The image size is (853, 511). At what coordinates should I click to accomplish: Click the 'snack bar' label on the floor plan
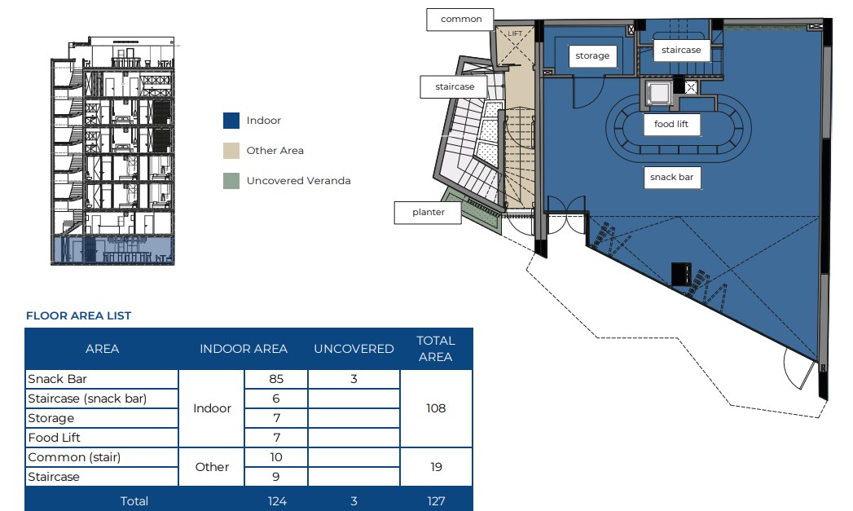pyautogui.click(x=672, y=178)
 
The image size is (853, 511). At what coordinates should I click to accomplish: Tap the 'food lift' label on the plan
pyautogui.click(x=671, y=124)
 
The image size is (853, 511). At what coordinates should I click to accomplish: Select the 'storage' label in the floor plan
pyautogui.click(x=592, y=55)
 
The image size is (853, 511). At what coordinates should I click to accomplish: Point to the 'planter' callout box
pyautogui.click(x=428, y=212)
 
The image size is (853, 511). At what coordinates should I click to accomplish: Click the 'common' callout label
pyautogui.click(x=460, y=19)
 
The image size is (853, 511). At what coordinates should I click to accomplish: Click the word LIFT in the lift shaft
pyautogui.click(x=515, y=33)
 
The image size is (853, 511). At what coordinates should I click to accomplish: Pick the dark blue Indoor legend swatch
pyautogui.click(x=231, y=121)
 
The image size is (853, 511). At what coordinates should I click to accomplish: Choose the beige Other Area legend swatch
pyautogui.click(x=231, y=151)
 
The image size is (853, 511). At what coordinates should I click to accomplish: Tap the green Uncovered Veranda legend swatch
pyautogui.click(x=231, y=181)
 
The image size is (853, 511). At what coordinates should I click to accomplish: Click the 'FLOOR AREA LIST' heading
pyautogui.click(x=79, y=315)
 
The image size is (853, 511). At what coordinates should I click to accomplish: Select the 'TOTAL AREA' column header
pyautogui.click(x=436, y=349)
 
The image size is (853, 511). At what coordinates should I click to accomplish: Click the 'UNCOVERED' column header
pyautogui.click(x=354, y=349)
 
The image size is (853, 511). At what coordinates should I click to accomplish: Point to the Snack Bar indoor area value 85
pyautogui.click(x=276, y=379)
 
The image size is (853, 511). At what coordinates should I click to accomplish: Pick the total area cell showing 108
pyautogui.click(x=436, y=408)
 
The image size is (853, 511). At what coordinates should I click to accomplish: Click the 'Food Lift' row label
pyautogui.click(x=54, y=438)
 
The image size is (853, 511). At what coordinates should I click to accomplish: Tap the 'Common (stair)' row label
pyautogui.click(x=74, y=457)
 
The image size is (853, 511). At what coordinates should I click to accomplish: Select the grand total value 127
pyautogui.click(x=437, y=501)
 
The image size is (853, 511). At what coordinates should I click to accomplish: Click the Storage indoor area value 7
pyautogui.click(x=276, y=418)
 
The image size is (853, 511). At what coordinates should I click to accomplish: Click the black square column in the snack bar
pyautogui.click(x=681, y=274)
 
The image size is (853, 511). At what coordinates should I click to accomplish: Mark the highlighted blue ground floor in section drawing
pyautogui.click(x=114, y=250)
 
